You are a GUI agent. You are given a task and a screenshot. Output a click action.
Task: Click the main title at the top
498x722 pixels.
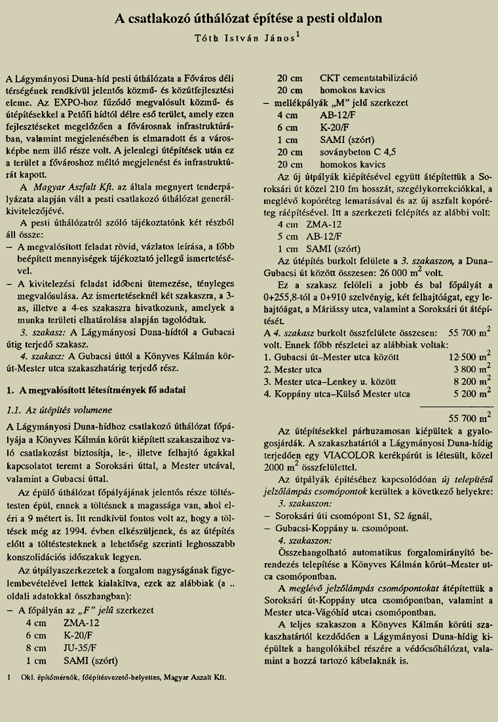(249, 20)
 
